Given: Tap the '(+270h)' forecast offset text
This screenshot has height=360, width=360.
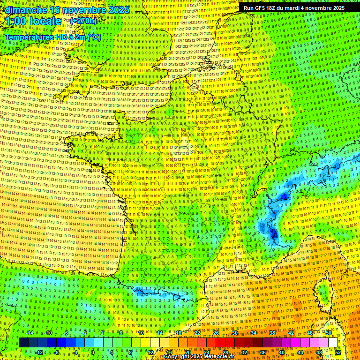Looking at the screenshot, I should pyautogui.click(x=83, y=21).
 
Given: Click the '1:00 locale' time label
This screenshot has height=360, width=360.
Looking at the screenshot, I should pyautogui.click(x=33, y=21).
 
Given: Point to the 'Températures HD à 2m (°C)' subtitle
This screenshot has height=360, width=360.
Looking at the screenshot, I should pyautogui.click(x=52, y=37).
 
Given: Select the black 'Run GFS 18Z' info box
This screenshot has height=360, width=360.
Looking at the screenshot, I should pyautogui.click(x=294, y=8).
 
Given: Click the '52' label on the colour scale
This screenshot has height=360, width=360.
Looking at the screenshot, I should pyautogui.click(x=338, y=352).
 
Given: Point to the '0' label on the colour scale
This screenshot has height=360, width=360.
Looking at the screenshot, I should pyautogui.click(x=92, y=352).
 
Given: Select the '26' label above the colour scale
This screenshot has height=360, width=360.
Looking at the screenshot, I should pyautogui.click(x=216, y=333).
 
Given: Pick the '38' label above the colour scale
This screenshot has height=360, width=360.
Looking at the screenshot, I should pyautogui.click(x=272, y=333).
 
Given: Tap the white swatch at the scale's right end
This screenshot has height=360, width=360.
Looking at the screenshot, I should pyautogui.click(x=333, y=343).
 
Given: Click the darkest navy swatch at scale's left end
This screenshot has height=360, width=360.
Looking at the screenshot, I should pyautogui.click(x=23, y=343).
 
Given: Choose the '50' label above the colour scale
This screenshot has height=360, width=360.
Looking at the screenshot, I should pyautogui.click(x=329, y=333).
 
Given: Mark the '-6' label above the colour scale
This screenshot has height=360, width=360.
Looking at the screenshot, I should pyautogui.click(x=66, y=333).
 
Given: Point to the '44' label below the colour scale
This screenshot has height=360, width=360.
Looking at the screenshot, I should pyautogui.click(x=300, y=352).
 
